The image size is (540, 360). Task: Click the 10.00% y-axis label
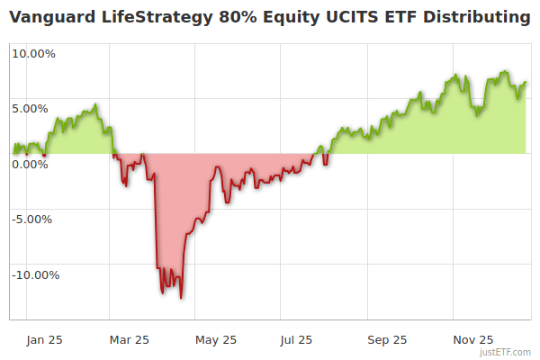(x=34, y=53)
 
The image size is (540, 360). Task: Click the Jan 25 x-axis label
(x=45, y=339)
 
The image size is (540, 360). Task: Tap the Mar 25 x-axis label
(x=129, y=339)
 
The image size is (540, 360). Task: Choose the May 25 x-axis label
(x=216, y=339)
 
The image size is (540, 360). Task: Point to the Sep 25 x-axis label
(x=387, y=339)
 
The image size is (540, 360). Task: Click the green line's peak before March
(x=95, y=104)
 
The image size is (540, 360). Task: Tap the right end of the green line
(x=526, y=83)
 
